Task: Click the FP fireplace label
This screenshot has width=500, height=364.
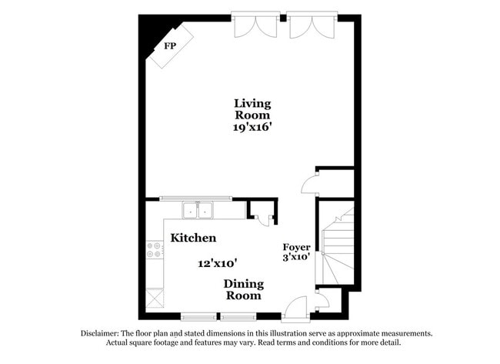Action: click(169, 45)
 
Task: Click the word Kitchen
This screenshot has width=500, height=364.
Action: click(193, 238)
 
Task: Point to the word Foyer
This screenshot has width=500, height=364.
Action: click(296, 247)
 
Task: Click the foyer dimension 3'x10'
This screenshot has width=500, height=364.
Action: click(296, 257)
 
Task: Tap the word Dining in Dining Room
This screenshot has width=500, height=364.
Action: click(243, 283)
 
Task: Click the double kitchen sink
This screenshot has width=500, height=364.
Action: click(198, 209)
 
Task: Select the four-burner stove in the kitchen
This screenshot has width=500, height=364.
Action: click(154, 249)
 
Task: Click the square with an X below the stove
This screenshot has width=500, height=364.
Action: click(155, 297)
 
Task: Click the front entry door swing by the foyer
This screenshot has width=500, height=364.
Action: click(295, 308)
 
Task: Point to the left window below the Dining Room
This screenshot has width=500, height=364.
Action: click(199, 315)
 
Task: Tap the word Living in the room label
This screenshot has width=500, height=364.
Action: click(252, 103)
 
